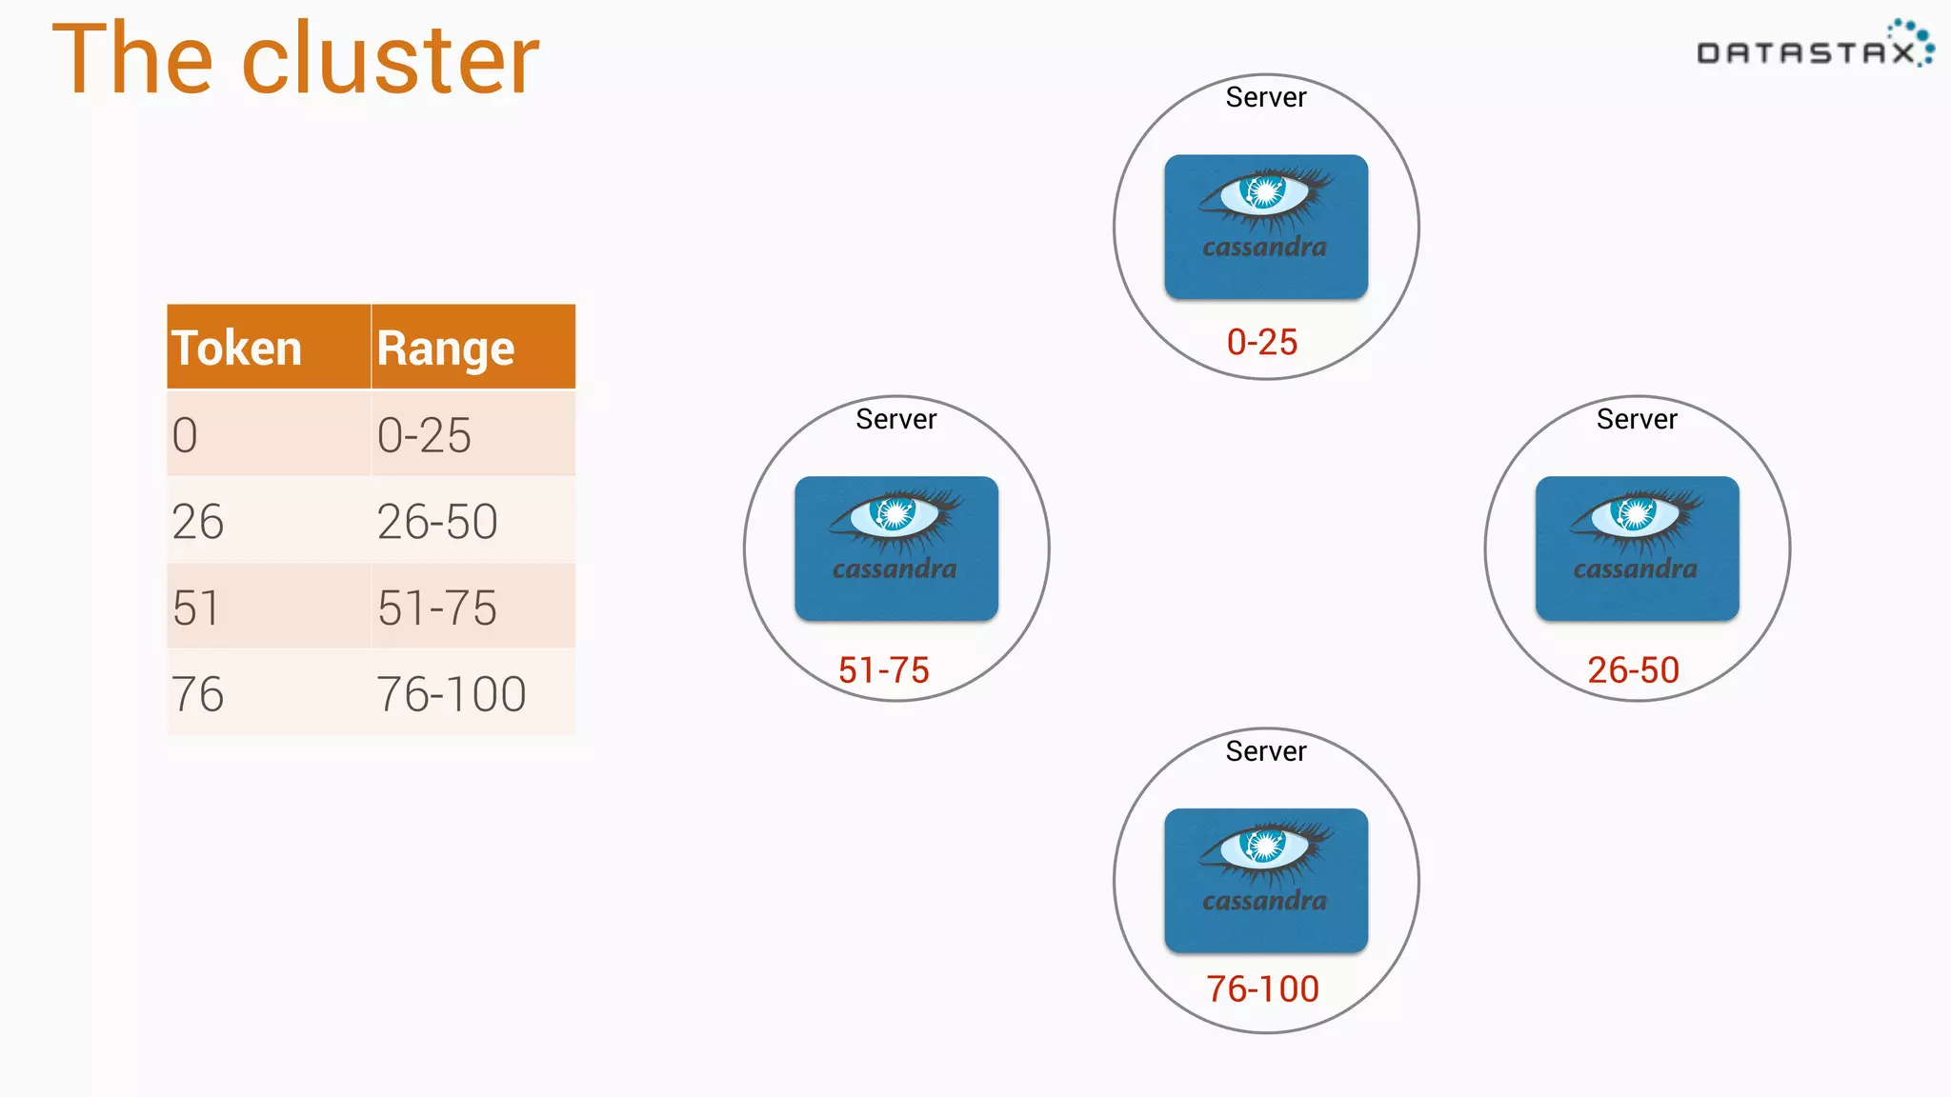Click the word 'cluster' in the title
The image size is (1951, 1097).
391,59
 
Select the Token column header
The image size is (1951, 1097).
236,348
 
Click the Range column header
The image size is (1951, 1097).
446,348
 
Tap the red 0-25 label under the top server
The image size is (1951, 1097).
1262,342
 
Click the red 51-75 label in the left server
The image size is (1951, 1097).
884,670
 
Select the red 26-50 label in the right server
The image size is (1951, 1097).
1634,670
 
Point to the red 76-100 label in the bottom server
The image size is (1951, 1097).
1263,989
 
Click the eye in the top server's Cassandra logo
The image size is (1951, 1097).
1265,192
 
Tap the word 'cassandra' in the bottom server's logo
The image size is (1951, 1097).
1265,901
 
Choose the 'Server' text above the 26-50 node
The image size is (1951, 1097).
1637,419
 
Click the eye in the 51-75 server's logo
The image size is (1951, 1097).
895,514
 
